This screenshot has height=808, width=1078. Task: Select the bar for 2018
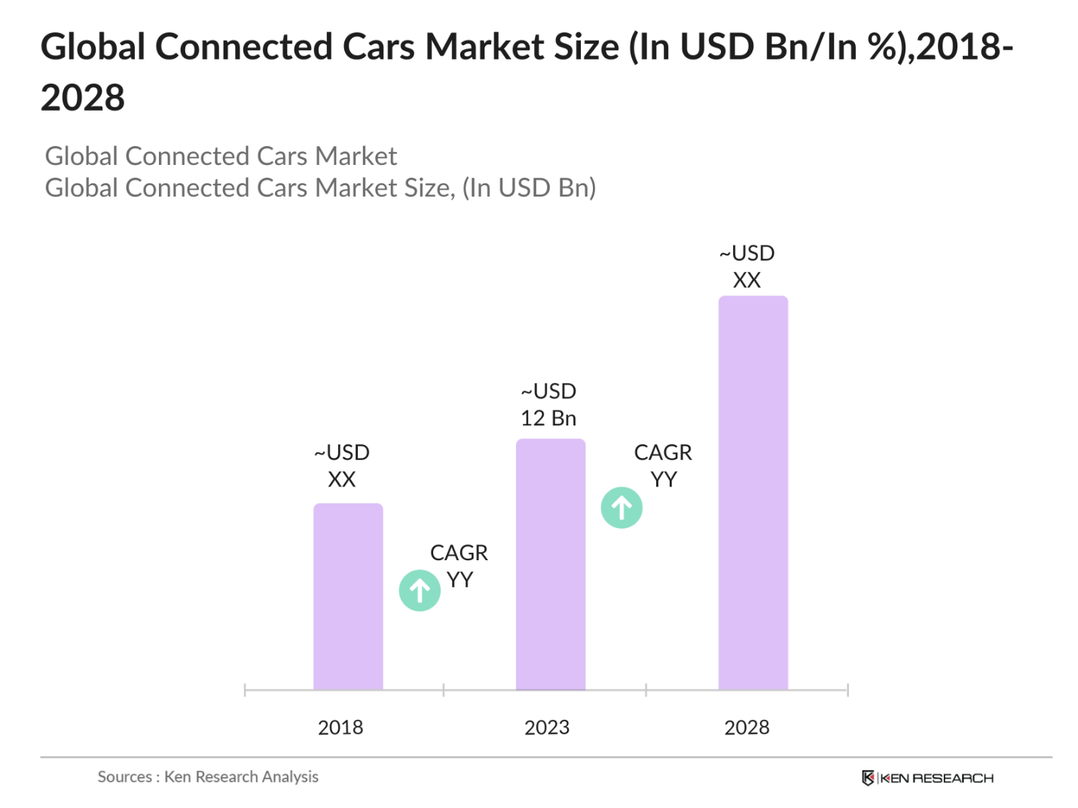coord(348,596)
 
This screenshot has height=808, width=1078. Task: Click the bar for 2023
coord(550,564)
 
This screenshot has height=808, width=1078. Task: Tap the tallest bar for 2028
coord(753,492)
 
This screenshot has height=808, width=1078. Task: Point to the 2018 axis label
coord(341,727)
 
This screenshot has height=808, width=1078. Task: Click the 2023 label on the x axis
coord(547,727)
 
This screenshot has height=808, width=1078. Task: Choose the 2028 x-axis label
coord(747,727)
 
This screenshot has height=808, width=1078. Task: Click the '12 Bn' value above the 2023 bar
coord(548,419)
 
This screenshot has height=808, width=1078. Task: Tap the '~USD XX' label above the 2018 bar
coord(342,465)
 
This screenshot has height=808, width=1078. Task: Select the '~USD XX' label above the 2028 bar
coord(747,267)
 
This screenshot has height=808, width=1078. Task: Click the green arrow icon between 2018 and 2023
coord(420,590)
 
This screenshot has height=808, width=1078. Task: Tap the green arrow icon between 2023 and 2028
coord(621,508)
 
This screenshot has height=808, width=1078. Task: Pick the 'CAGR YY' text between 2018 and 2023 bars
coord(459,566)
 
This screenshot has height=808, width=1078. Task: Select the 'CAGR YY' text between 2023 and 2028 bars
coord(663,465)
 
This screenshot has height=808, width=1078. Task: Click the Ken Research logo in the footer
coord(927,778)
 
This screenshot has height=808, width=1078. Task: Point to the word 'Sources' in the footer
coord(124,776)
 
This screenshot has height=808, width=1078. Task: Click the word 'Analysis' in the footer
coord(289,776)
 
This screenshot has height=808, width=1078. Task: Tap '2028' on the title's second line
coord(83,97)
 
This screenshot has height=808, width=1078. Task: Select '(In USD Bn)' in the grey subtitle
coord(530,188)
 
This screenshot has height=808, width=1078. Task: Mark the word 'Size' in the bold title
coord(586,47)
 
